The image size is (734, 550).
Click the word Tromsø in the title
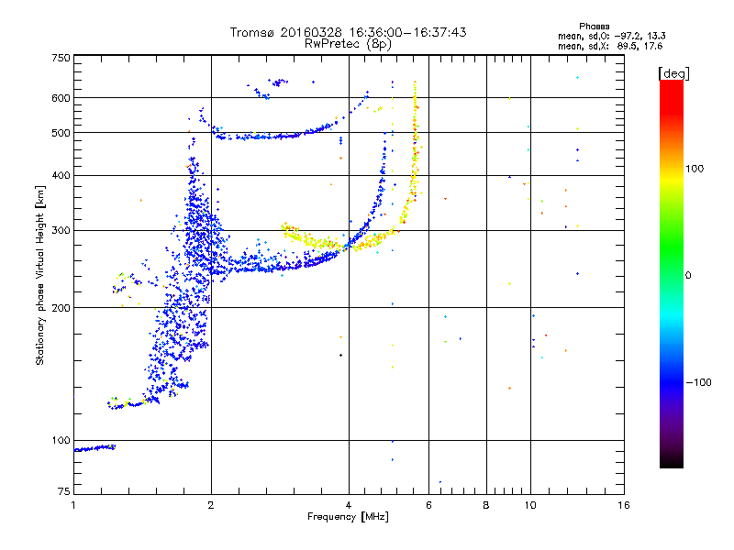(252, 32)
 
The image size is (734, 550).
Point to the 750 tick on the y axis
(61, 58)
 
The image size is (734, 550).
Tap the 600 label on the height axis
(61, 98)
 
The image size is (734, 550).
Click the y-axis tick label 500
(61, 133)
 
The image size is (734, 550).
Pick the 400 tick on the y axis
(61, 175)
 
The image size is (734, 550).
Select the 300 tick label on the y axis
(61, 230)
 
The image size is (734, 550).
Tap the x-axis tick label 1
(73, 505)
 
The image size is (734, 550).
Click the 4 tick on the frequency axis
(349, 505)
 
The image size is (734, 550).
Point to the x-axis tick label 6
(429, 505)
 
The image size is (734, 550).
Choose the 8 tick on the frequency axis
(486, 505)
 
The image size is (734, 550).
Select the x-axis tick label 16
(623, 505)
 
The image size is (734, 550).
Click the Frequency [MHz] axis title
(349, 517)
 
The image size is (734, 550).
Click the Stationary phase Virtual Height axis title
(40, 275)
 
